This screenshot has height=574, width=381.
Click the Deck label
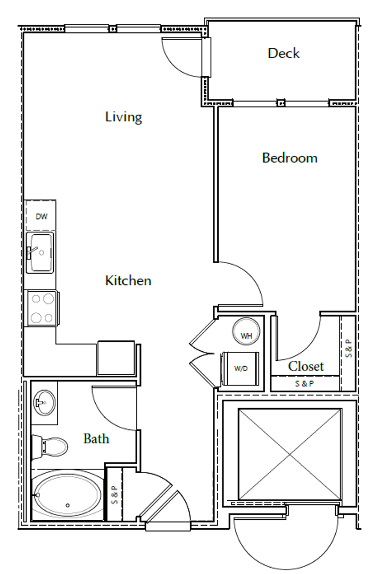(x=284, y=54)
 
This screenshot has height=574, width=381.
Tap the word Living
(x=123, y=117)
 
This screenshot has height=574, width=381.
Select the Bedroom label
(x=290, y=158)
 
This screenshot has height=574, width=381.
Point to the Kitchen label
(x=128, y=281)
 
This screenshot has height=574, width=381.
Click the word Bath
(x=96, y=438)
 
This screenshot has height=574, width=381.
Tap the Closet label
(x=306, y=366)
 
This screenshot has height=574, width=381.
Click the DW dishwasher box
(x=40, y=216)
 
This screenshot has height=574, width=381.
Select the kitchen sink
(x=40, y=252)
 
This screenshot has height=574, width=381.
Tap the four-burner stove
(x=42, y=308)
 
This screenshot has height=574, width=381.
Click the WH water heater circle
(x=246, y=332)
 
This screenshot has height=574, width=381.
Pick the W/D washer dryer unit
(x=240, y=368)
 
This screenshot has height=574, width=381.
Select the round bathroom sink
(x=44, y=402)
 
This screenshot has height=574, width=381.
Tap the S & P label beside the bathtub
(x=114, y=495)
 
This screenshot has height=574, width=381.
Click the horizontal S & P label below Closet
(x=304, y=384)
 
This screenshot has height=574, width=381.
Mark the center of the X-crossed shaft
(x=290, y=454)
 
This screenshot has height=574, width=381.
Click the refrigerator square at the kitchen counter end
(x=116, y=358)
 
